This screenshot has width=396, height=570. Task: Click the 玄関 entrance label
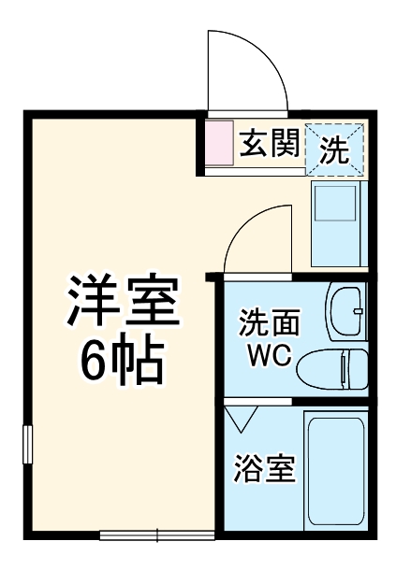[x=269, y=145]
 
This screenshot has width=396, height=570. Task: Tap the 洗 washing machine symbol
[x=335, y=146]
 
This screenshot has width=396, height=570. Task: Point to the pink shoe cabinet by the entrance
[x=217, y=145]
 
